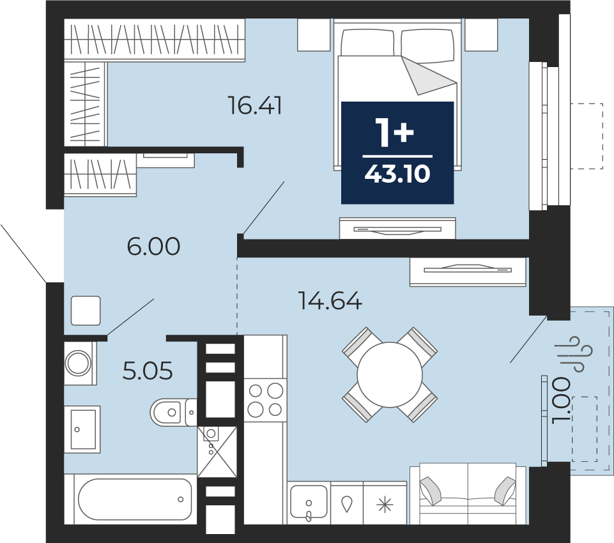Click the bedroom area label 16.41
click(x=255, y=105)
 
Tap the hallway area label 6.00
click(x=153, y=246)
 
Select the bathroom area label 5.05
click(x=148, y=371)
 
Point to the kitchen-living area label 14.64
click(x=330, y=301)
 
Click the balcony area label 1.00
click(x=562, y=400)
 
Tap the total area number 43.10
click(x=397, y=173)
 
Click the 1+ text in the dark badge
click(x=395, y=132)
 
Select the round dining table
click(x=390, y=374)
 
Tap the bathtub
click(x=135, y=500)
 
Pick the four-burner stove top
click(x=266, y=400)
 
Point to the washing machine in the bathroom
click(x=79, y=363)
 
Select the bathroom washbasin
click(x=82, y=429)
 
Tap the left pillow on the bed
click(x=367, y=43)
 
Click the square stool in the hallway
click(x=86, y=310)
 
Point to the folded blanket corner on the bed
click(x=427, y=77)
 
